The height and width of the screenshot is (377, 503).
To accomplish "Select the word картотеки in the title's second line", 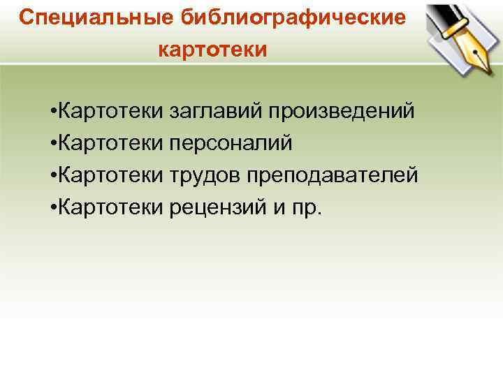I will click(213, 50).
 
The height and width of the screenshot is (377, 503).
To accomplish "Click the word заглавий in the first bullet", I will click(215, 112).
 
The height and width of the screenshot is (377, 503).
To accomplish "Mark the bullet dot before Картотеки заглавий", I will click(54, 112).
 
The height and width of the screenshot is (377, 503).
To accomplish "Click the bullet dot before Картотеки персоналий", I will click(54, 144).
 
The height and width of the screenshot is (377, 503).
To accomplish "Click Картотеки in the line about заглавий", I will click(111, 112).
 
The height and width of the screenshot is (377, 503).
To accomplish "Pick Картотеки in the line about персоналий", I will click(111, 143).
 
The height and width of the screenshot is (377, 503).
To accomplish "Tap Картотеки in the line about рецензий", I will click(111, 207).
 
